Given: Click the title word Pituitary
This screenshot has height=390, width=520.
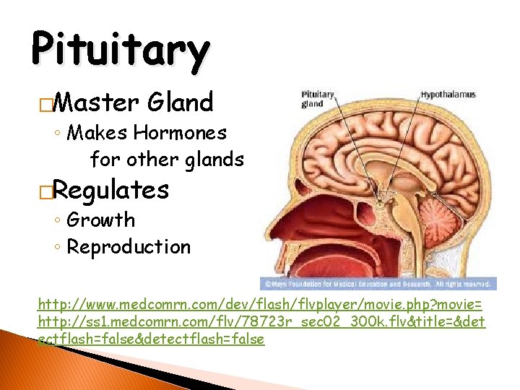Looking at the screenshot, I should tap(120, 50).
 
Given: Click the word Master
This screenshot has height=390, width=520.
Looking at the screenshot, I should tap(95, 103).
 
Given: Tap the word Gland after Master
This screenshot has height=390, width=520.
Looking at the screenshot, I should tap(180, 103).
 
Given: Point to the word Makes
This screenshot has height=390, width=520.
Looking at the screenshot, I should tap(97, 133).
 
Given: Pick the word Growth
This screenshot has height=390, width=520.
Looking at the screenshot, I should tap(100, 220).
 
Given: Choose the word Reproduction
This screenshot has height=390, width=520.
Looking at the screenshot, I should tap(129, 247).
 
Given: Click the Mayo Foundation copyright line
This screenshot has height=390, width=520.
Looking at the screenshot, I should tap(378, 285).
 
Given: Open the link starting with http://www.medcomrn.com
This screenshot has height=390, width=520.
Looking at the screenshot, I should tap(261, 304).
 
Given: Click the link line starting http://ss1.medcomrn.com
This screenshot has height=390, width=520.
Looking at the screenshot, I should tap(261, 321).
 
